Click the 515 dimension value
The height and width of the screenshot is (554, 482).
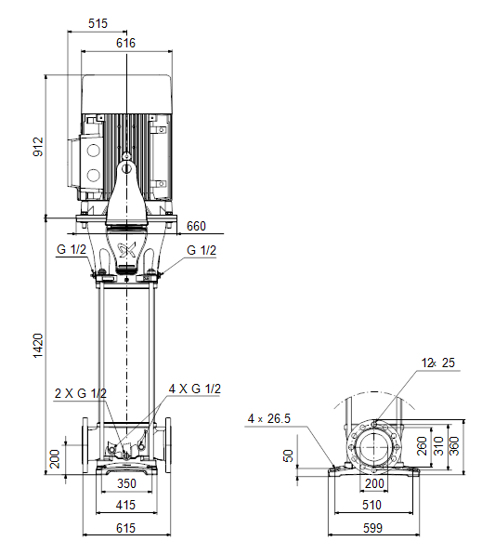click(98, 23)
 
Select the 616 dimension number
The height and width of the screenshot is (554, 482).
click(125, 43)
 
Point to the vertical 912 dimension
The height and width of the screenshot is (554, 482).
click(38, 146)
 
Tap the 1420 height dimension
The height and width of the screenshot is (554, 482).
click(38, 345)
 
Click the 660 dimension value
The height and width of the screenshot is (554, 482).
click(196, 226)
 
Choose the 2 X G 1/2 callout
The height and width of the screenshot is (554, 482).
click(81, 393)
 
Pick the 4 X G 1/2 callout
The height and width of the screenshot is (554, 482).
click(195, 389)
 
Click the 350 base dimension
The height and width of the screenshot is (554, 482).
click(126, 483)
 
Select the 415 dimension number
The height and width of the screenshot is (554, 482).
click(125, 505)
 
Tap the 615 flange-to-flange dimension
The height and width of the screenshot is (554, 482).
click(125, 528)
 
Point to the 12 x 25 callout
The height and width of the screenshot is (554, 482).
click(438, 363)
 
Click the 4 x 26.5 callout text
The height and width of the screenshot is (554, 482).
click(269, 418)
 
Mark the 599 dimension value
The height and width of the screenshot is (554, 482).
click(373, 528)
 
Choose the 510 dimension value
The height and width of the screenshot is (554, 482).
click(371, 505)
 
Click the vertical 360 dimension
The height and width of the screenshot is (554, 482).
click(454, 446)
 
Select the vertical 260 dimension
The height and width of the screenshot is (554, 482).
click(422, 446)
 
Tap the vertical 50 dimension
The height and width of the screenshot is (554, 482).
click(289, 455)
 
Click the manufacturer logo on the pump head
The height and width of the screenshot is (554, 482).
click(126, 250)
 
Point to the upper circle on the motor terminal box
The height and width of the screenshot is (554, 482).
click(94, 151)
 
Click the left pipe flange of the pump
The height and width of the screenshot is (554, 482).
click(85, 445)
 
